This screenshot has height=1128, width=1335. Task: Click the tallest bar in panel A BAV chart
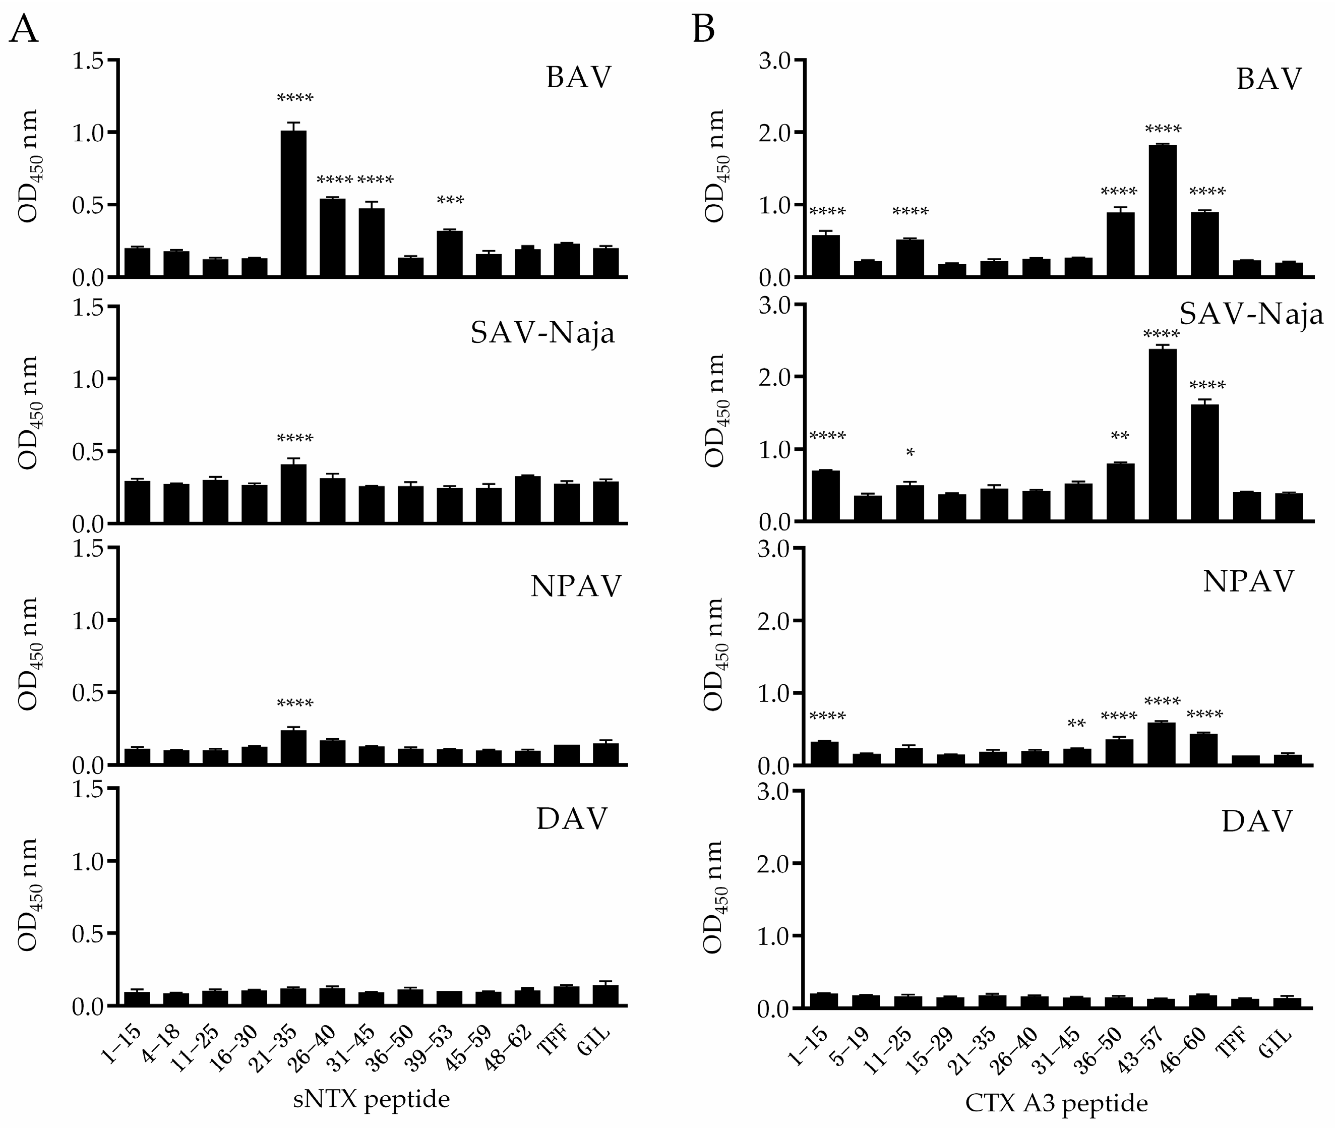click(293, 205)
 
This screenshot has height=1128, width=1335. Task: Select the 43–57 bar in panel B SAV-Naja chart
click(1163, 435)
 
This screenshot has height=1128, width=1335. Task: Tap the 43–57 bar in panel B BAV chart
click(1163, 211)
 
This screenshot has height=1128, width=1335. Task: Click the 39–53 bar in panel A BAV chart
click(450, 254)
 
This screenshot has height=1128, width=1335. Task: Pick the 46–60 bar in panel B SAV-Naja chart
click(1204, 463)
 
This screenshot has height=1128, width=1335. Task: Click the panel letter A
click(24, 29)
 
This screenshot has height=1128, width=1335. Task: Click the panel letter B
click(703, 29)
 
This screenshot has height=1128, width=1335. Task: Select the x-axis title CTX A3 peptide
click(1056, 1102)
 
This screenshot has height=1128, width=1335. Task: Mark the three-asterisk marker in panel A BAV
click(450, 200)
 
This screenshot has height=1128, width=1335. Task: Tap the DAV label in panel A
click(572, 818)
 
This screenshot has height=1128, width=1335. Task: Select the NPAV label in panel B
click(1248, 582)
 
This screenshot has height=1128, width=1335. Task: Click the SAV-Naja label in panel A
click(542, 333)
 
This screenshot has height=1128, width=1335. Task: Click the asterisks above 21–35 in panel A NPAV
click(295, 704)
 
